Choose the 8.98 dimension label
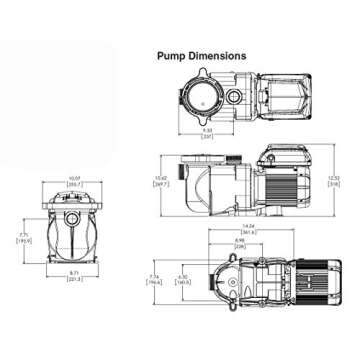240,242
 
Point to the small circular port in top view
232,98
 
